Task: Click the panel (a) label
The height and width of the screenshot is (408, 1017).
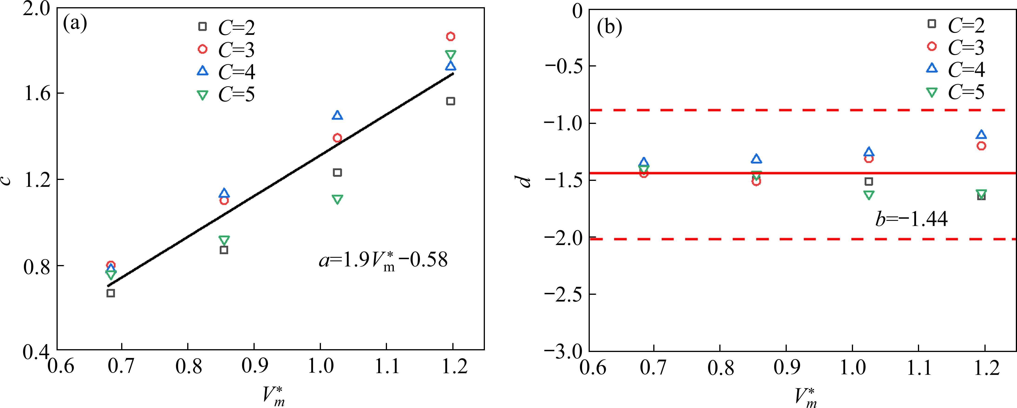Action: point(75,24)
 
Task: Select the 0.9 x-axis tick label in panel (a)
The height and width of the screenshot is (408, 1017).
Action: point(254,367)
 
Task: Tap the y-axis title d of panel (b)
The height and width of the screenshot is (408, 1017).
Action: point(525,181)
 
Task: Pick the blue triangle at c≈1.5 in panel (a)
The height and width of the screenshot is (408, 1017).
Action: point(337,116)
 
